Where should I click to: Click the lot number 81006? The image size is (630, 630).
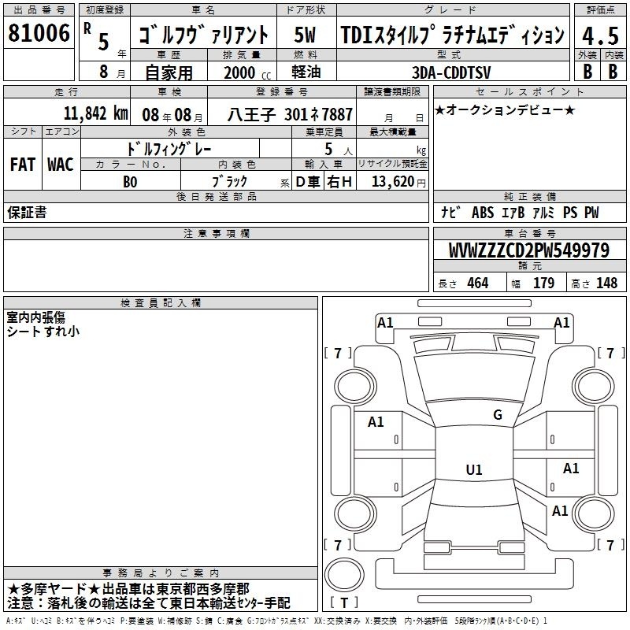[39, 33]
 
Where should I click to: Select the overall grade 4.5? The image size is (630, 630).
[600, 35]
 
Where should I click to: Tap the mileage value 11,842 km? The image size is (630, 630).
[95, 113]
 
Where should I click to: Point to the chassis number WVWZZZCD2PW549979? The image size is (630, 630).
[528, 250]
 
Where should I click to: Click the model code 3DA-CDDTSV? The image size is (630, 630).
[451, 72]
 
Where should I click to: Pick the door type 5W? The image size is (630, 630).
[305, 35]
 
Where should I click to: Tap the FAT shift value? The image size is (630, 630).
[23, 165]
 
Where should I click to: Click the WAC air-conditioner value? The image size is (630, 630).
[61, 165]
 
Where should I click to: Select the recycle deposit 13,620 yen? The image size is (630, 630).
[398, 182]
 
